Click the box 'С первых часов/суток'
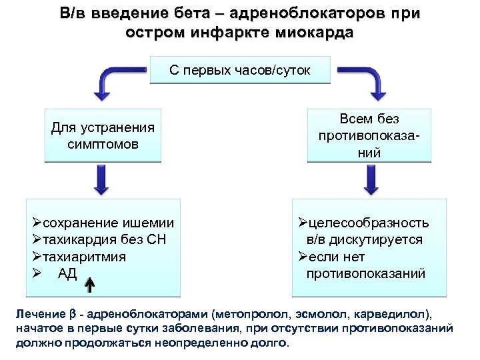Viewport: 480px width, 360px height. [x=240, y=69]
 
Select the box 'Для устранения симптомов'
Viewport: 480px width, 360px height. [x=103, y=135]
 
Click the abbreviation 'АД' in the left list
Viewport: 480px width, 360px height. [x=67, y=273]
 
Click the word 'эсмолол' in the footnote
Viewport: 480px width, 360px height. [x=321, y=313]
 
